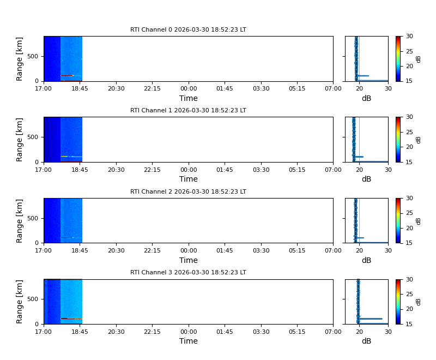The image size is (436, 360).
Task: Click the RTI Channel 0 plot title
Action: coord(188,30)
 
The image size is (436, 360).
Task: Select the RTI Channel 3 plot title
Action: coord(188,272)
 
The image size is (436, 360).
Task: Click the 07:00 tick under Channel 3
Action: coord(333,332)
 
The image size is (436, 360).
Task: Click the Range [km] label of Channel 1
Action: coord(20,140)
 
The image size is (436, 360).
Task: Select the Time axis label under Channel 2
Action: coord(189,260)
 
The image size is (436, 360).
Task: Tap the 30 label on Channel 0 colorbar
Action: coord(409,37)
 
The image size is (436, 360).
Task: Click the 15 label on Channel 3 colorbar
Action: coord(409,324)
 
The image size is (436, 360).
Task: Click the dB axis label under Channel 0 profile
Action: coord(366,99)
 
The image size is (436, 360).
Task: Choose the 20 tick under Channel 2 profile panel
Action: coord(359,250)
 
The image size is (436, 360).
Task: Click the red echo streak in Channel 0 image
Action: coord(67,75)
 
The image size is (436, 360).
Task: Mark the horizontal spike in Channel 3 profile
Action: coord(371,319)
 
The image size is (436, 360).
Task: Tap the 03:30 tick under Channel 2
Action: coord(261,250)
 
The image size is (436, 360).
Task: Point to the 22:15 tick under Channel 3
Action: coord(152,332)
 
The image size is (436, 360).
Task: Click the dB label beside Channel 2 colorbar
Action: coord(419,220)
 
